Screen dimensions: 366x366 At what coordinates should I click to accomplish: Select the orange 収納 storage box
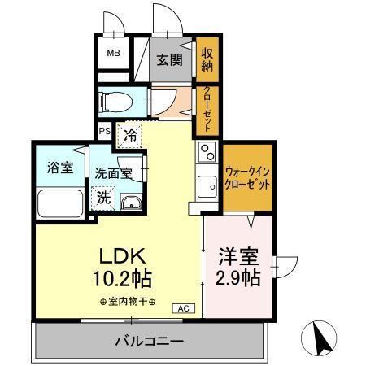pos(207,59)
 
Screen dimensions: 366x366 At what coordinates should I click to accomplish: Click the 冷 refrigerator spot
pos(130,136)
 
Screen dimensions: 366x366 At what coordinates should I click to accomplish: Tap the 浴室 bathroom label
pos(59,168)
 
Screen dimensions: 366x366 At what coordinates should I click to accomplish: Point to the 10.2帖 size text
pos(122,280)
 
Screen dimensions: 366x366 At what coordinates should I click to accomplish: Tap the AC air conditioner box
pos(183,307)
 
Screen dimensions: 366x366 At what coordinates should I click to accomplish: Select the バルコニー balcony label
pos(149,341)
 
